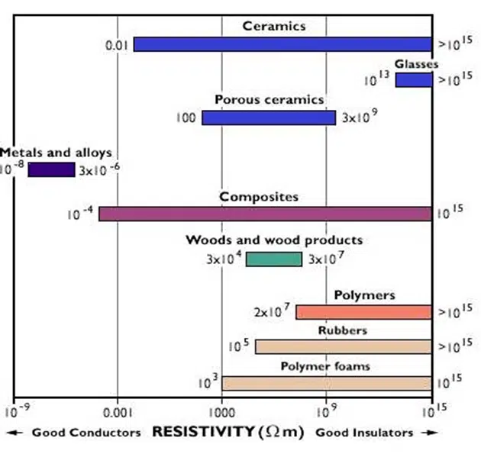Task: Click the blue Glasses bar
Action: pyautogui.click(x=413, y=80)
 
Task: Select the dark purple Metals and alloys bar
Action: pyautogui.click(x=51, y=169)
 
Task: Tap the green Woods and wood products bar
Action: pyautogui.click(x=273, y=259)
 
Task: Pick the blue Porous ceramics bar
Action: pyautogui.click(x=268, y=117)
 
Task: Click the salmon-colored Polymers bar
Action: pyautogui.click(x=363, y=312)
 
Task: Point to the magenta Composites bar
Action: pyautogui.click(x=264, y=214)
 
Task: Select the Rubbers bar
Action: pyautogui.click(x=343, y=346)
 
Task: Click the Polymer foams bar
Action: pyautogui.click(x=326, y=382)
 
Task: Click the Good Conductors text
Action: pyautogui.click(x=86, y=433)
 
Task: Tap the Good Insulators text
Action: pyautogui.click(x=364, y=433)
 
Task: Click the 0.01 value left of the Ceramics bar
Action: pyautogui.click(x=117, y=46)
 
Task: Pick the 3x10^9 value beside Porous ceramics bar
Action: pyautogui.click(x=359, y=117)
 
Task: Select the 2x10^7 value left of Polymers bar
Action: pyautogui.click(x=272, y=311)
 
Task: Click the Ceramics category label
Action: pyautogui.click(x=274, y=26)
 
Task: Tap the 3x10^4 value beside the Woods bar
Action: pyautogui.click(x=224, y=259)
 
